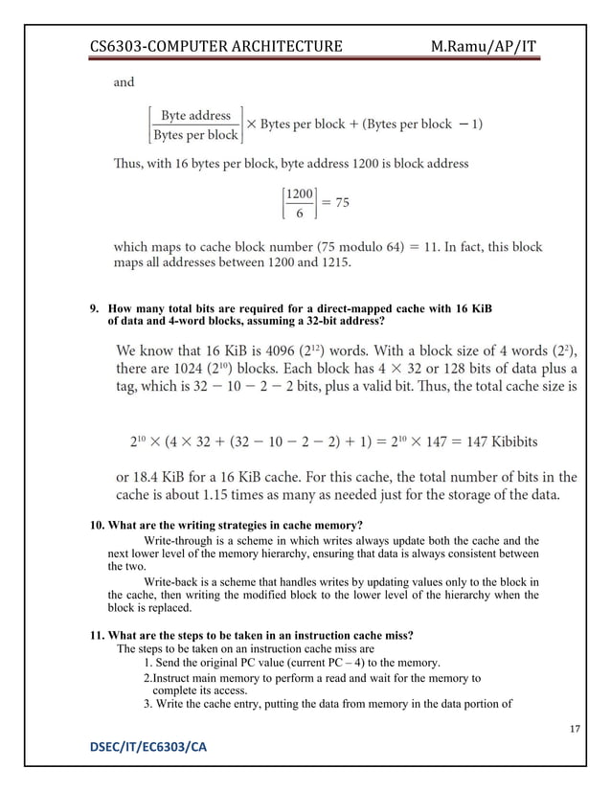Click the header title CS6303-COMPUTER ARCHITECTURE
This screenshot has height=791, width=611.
[x=215, y=47]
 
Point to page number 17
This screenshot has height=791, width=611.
[x=575, y=731]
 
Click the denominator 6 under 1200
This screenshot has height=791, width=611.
[x=299, y=213]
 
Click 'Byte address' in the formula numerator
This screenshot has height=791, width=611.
[x=195, y=116]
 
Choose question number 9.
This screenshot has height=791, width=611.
[x=95, y=309]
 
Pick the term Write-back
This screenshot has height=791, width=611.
[x=173, y=581]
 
